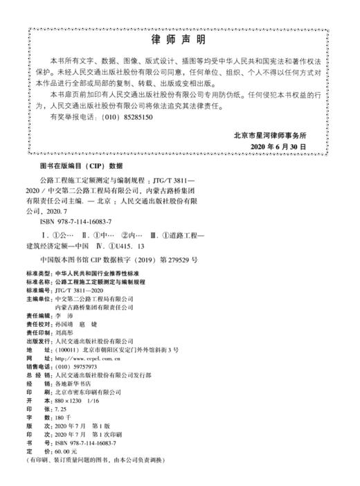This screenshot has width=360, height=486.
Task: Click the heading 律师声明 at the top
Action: pos(179,39)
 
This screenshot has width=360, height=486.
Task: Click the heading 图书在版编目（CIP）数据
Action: pos(81,167)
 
